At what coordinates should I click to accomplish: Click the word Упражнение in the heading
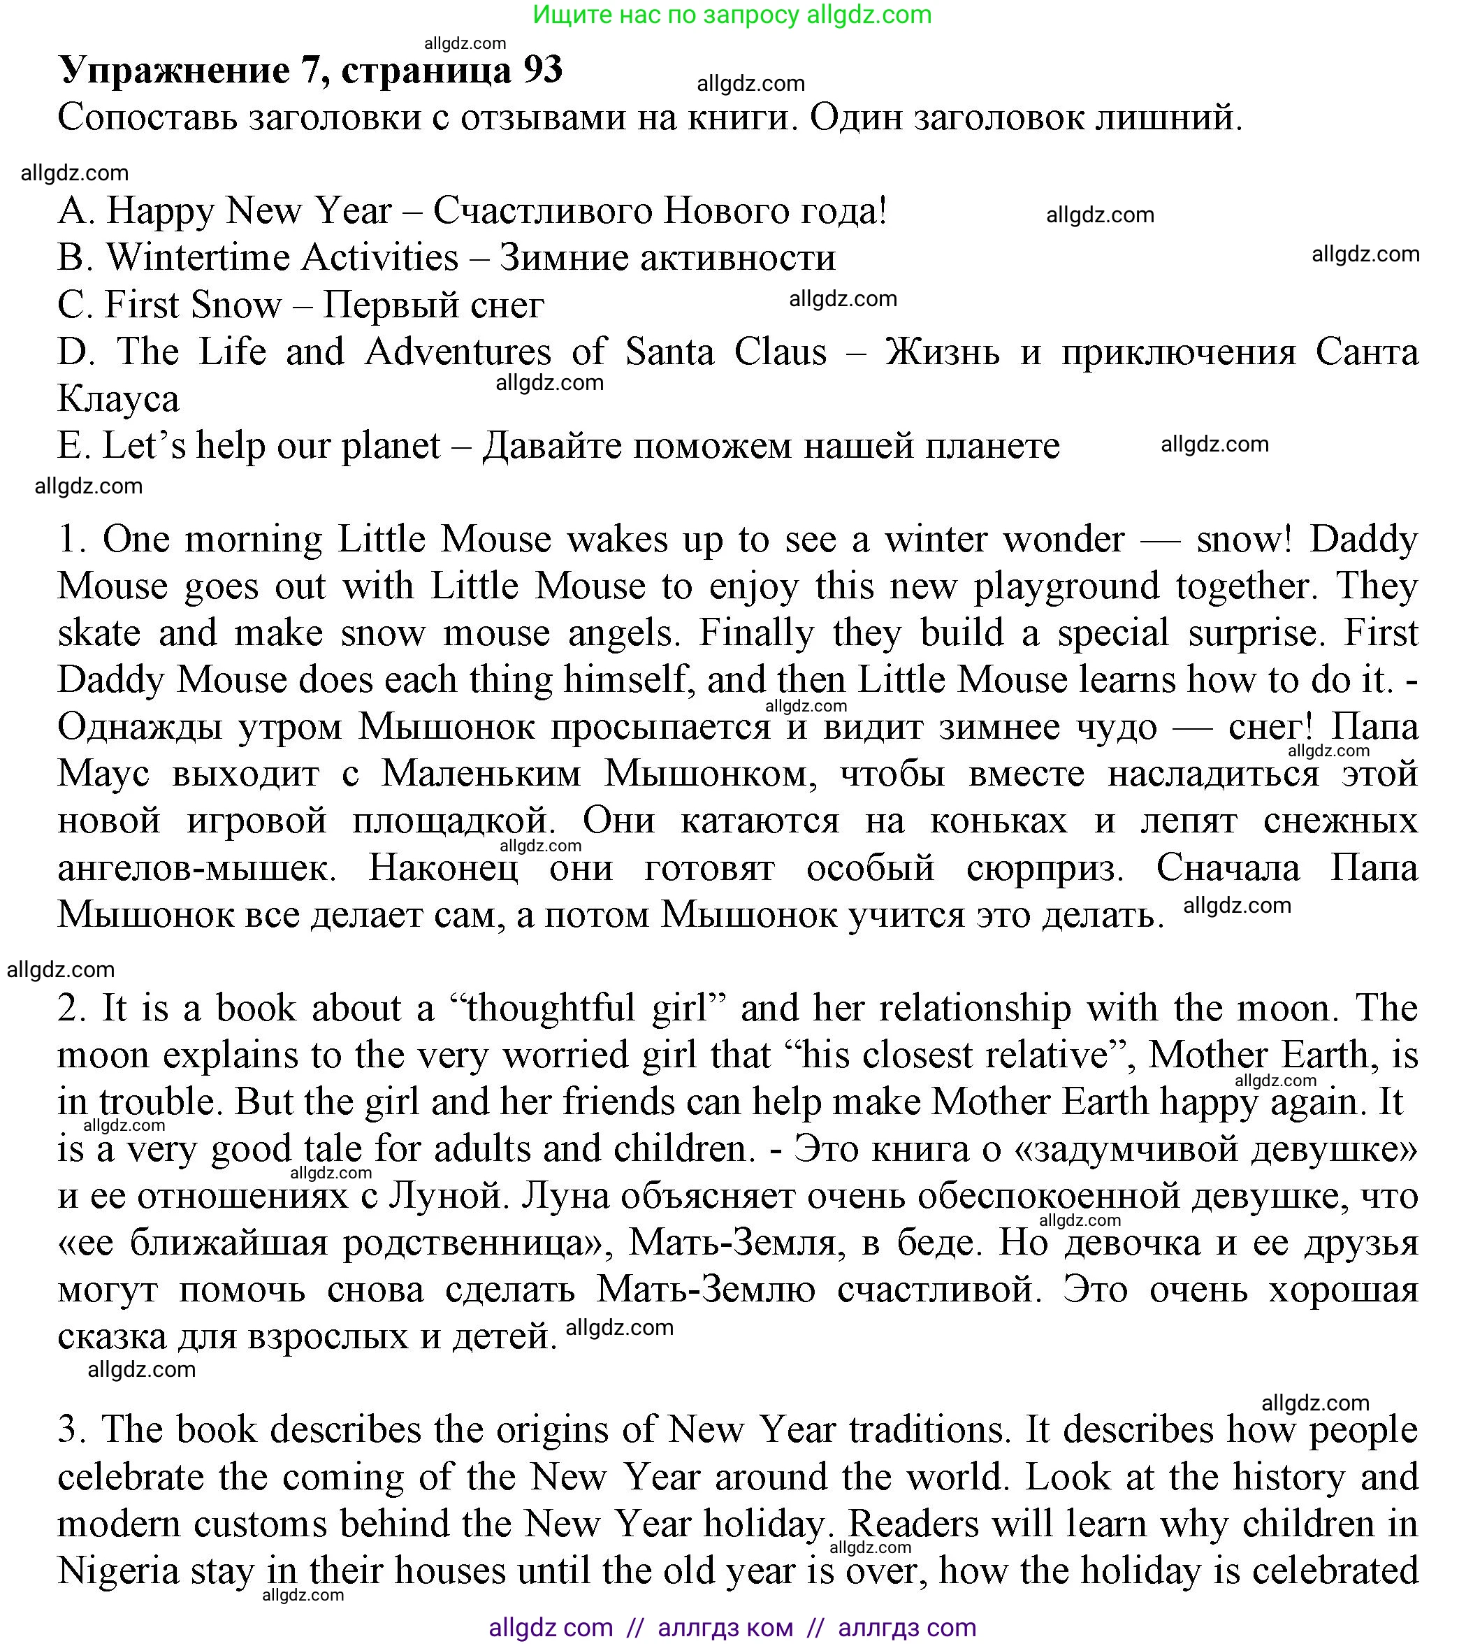tap(174, 71)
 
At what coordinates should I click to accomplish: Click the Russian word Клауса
tap(118, 399)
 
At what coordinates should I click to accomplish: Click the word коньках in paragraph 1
tap(998, 821)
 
